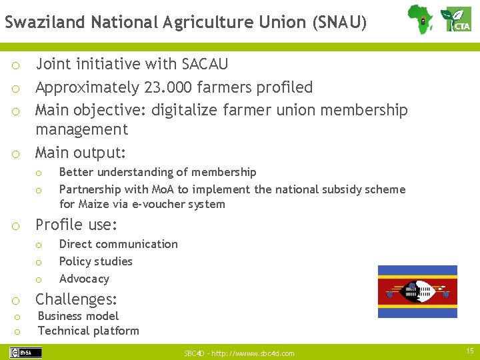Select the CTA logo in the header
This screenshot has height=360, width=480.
point(457,19)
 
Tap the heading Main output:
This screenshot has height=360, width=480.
point(81,153)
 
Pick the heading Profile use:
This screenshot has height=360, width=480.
point(76,224)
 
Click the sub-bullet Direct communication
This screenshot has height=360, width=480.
point(119,244)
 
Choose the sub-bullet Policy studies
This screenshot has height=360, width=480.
point(96,261)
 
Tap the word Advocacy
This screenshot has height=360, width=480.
point(84,279)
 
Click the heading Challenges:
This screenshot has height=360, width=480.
point(76,299)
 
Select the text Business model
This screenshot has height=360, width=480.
point(78,316)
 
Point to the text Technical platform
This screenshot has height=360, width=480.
point(89,331)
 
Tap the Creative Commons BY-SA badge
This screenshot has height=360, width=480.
point(25,353)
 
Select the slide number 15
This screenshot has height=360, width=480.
point(470,351)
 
